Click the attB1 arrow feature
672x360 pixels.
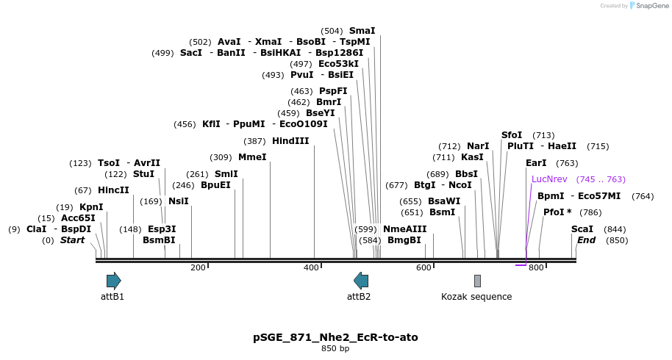[x=113, y=280]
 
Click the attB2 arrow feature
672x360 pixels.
[x=361, y=280]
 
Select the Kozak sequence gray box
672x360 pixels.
[x=477, y=281]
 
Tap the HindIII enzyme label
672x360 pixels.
[x=290, y=140]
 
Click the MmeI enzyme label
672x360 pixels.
[x=252, y=156]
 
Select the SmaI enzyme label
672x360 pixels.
[x=362, y=31]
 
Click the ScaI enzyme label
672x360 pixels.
[x=582, y=228]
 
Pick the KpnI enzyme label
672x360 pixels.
[x=91, y=207]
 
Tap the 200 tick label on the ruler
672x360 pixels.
[x=198, y=267]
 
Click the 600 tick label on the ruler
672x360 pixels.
[x=423, y=267]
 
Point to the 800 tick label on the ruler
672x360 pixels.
[x=536, y=267]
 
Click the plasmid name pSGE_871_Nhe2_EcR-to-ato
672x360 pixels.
[x=335, y=337]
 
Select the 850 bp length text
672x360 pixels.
[x=335, y=348]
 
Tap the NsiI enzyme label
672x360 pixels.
[x=179, y=201]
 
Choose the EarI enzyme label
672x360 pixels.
[x=536, y=163]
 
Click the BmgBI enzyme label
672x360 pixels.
[x=404, y=240]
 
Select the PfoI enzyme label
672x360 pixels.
[x=554, y=212]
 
